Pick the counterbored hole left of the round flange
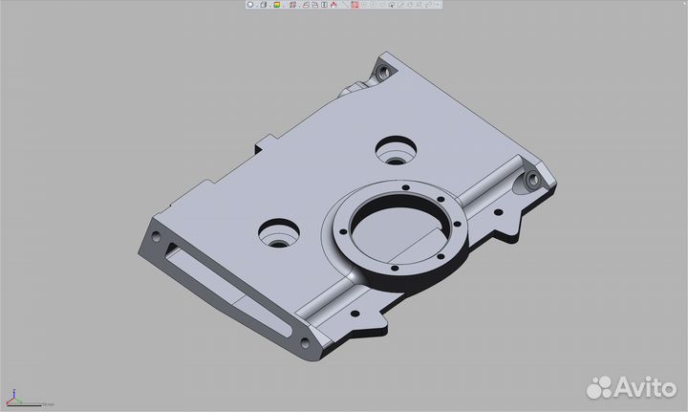point(279,232)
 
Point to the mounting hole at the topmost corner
point(383,70)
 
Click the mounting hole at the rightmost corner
point(531,181)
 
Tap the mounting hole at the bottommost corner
point(305,344)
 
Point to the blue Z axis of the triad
point(12,394)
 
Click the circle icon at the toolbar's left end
point(250,5)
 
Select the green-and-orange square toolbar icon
point(275,5)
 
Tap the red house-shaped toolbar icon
point(333,5)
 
